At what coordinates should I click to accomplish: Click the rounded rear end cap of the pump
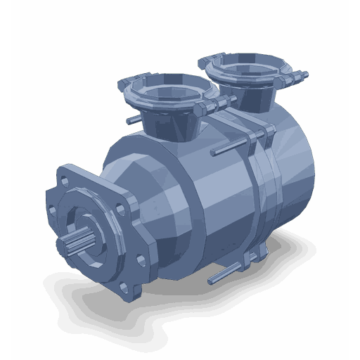(295, 176)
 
